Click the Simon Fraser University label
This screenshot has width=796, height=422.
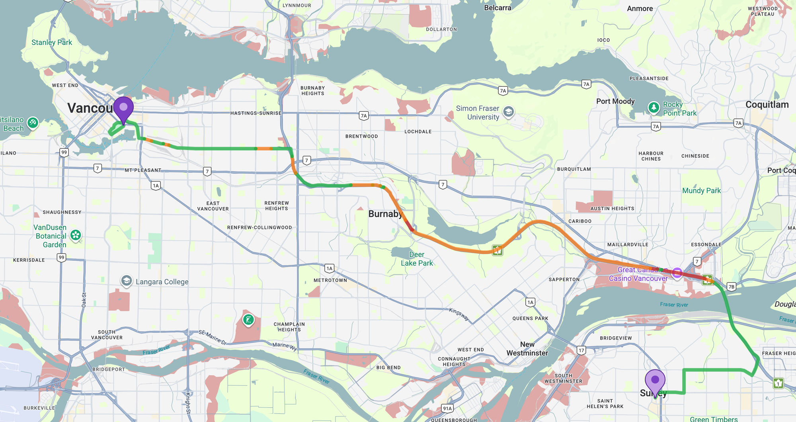(478, 113)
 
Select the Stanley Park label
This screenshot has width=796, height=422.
(52, 43)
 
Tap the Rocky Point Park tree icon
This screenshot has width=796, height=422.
(654, 107)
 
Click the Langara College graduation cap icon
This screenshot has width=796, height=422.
(127, 281)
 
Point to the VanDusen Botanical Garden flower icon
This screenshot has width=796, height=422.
(76, 235)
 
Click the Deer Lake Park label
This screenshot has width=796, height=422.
(417, 259)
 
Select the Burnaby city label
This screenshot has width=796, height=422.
(385, 214)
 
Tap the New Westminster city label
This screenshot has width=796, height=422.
(527, 349)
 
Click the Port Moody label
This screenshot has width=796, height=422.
(615, 101)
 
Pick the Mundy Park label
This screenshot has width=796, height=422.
(701, 191)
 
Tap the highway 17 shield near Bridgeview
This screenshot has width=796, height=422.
(581, 350)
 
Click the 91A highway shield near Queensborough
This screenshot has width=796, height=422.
(447, 408)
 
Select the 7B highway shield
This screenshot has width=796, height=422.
(732, 287)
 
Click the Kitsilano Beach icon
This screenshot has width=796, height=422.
(33, 122)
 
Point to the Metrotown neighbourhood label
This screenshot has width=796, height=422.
(330, 280)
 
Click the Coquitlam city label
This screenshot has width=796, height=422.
(767, 105)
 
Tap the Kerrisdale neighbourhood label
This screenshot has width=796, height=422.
(29, 260)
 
